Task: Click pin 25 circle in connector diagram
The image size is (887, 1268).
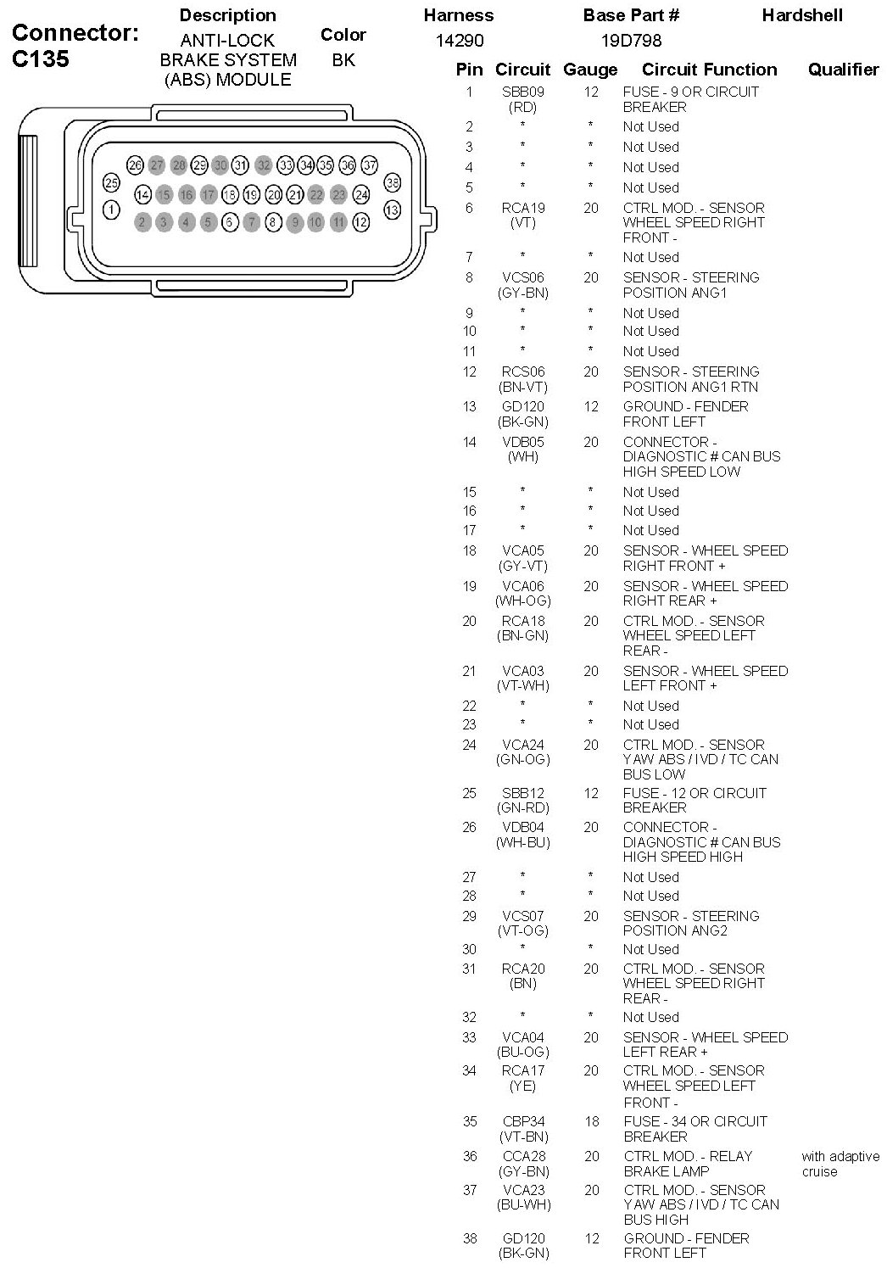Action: [x=111, y=182]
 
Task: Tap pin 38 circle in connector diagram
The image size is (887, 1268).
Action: [x=392, y=182]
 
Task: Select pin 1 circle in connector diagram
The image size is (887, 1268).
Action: [x=111, y=209]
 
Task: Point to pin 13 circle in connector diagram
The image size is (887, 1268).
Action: [x=392, y=209]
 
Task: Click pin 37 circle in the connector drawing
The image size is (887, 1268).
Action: [x=370, y=165]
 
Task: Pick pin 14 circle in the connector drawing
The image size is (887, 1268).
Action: [x=142, y=195]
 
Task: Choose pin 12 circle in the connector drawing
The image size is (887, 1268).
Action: [x=361, y=222]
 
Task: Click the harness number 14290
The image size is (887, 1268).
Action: [x=460, y=41]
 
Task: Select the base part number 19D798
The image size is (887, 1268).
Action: [x=631, y=41]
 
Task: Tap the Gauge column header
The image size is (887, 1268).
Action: [x=590, y=70]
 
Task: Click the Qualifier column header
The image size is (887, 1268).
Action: [x=843, y=70]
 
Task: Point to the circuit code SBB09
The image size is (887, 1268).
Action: [x=523, y=92]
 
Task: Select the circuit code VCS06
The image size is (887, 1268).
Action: [x=523, y=277]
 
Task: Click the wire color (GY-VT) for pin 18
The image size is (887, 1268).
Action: [x=522, y=566]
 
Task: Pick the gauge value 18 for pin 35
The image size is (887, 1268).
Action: [x=591, y=1121]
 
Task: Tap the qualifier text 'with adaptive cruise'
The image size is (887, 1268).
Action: [x=840, y=1164]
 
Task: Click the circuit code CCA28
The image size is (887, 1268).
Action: [x=523, y=1156]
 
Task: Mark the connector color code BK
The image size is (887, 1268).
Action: [x=343, y=60]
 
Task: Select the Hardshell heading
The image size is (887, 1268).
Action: [x=801, y=15]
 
